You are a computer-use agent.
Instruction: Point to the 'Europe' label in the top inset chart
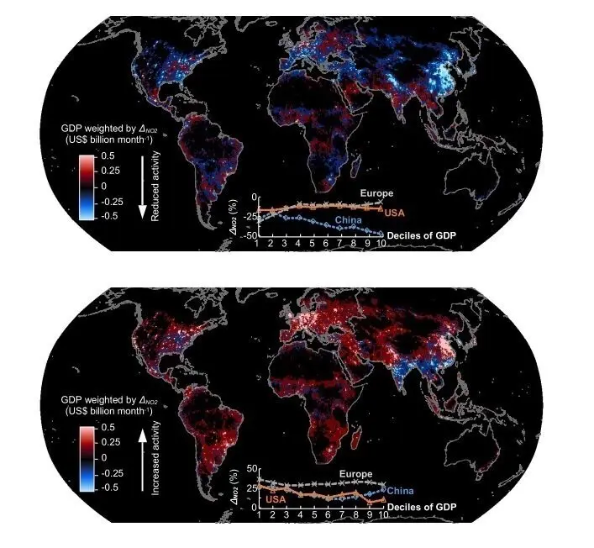tap(376, 194)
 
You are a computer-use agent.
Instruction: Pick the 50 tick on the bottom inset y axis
tap(250, 468)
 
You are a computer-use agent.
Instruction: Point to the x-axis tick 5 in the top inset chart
tap(313, 244)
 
